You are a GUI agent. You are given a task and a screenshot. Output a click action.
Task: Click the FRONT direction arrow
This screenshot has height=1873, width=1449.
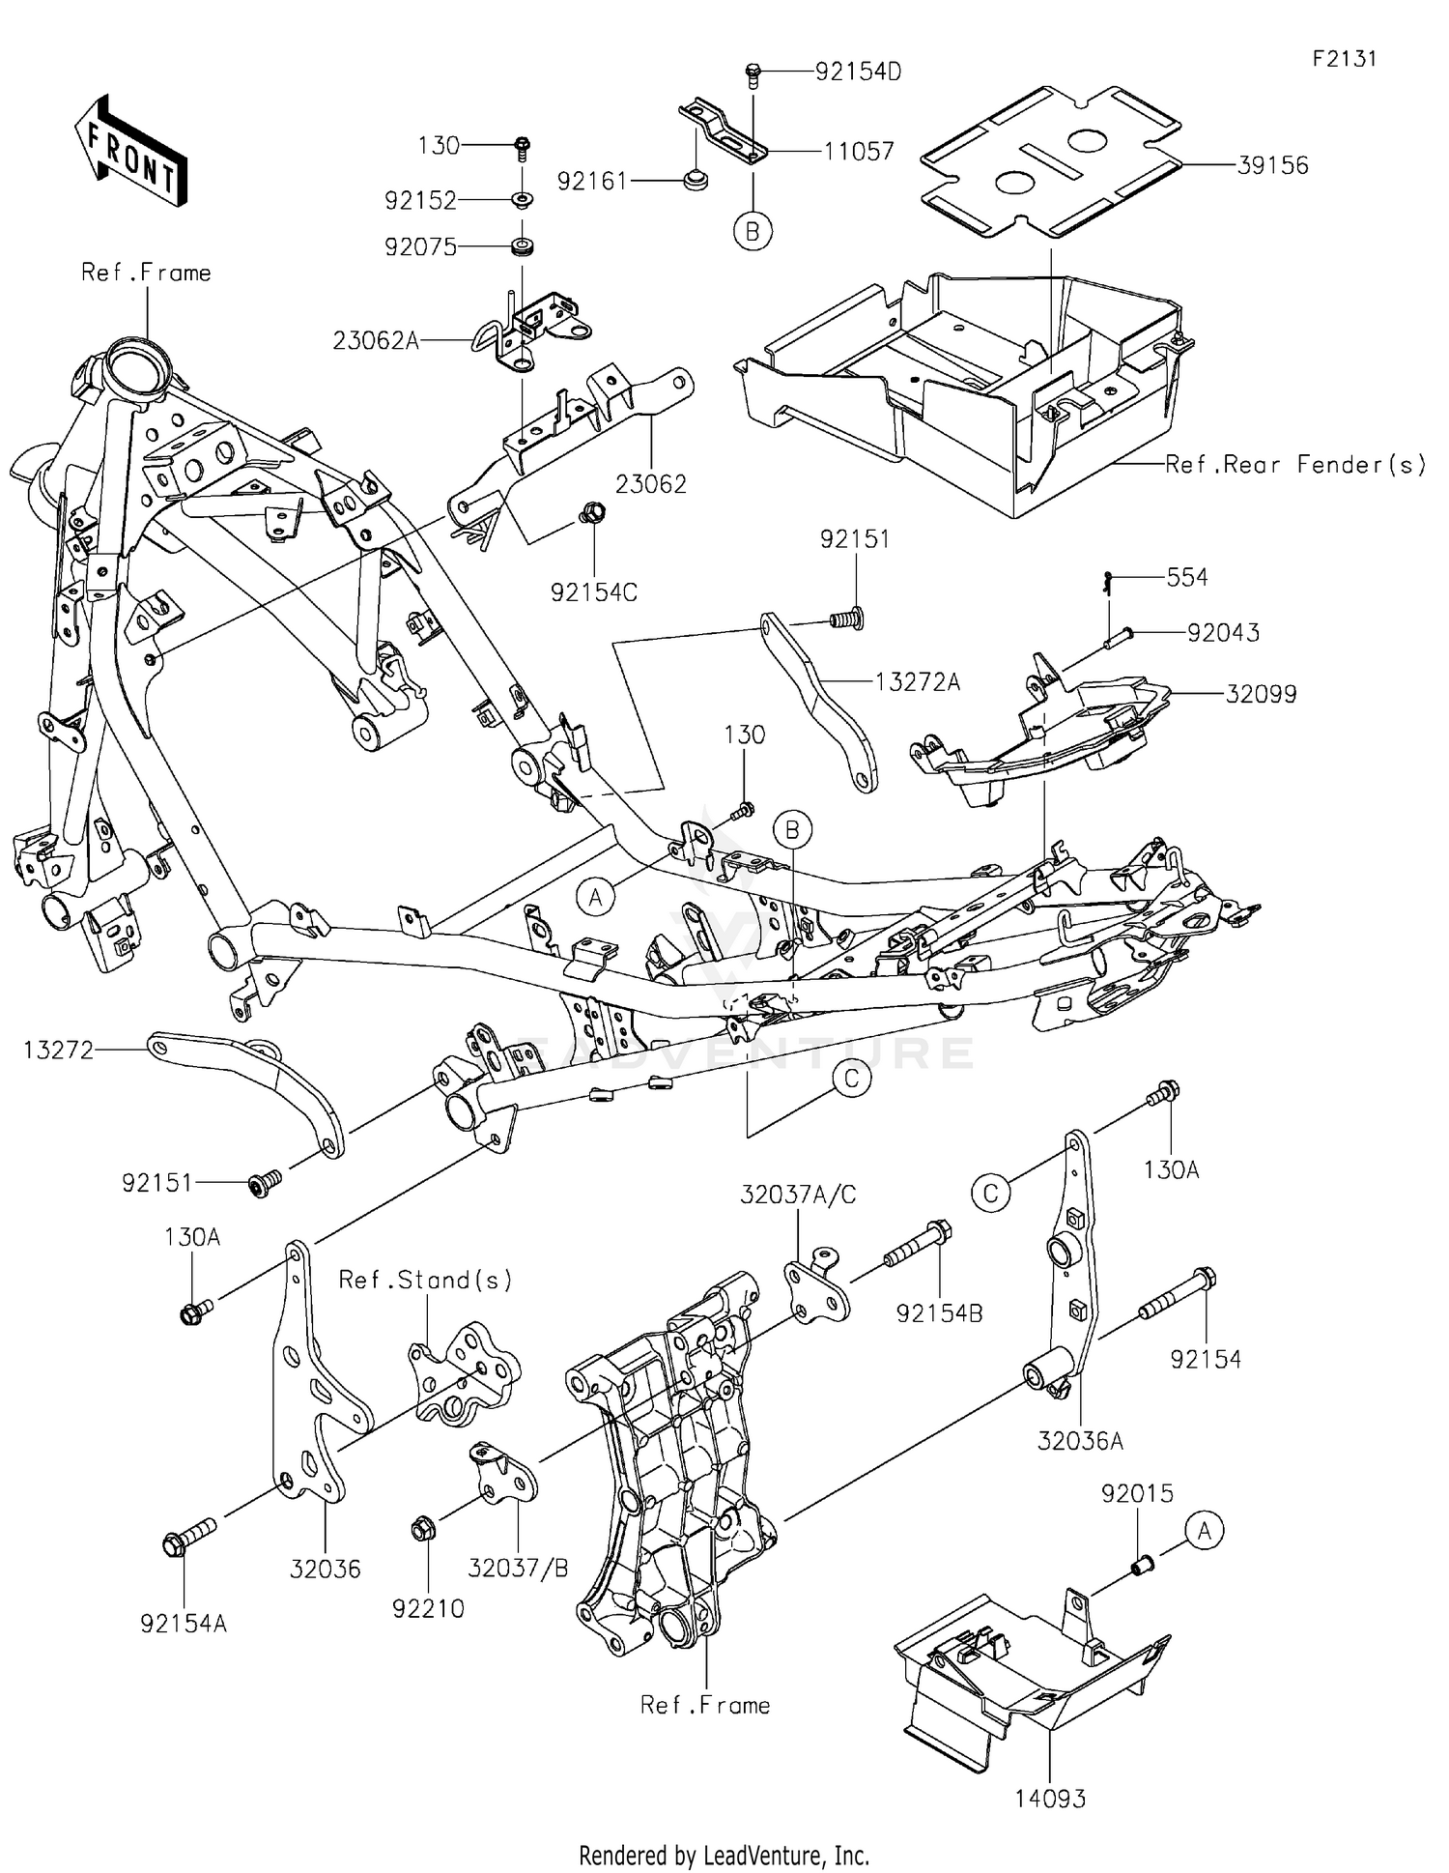tap(130, 151)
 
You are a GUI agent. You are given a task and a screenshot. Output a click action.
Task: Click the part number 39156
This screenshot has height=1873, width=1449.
tap(1272, 165)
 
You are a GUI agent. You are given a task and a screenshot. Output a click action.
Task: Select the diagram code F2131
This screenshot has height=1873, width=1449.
tap(1344, 59)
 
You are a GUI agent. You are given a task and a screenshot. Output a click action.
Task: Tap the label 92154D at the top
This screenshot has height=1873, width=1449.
tap(858, 72)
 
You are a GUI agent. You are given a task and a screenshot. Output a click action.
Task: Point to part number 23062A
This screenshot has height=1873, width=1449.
tap(376, 340)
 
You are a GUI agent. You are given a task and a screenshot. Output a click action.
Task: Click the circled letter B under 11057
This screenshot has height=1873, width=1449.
tap(753, 231)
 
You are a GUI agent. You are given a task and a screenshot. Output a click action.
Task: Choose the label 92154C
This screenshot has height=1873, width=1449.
tap(594, 592)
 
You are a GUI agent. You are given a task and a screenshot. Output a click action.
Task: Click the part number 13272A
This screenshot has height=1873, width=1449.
tap(918, 682)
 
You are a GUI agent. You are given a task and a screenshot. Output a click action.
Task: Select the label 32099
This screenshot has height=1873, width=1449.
tap(1261, 694)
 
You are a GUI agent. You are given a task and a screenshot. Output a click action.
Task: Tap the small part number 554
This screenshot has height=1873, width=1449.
tap(1187, 577)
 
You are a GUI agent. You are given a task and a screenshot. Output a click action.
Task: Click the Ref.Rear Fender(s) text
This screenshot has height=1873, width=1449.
tap(1294, 465)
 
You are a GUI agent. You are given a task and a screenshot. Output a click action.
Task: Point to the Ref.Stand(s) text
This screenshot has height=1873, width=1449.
tap(425, 1280)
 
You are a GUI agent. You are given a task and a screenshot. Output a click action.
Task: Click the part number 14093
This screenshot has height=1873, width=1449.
tap(1050, 1799)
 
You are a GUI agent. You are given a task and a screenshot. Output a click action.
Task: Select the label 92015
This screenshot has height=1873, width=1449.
tap(1137, 1493)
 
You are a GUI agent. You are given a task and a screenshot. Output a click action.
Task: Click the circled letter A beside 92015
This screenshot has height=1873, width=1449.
tap(1204, 1531)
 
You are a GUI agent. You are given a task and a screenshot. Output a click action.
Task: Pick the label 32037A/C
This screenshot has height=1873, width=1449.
tap(798, 1195)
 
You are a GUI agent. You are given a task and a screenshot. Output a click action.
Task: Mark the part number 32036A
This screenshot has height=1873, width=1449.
tap(1080, 1441)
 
